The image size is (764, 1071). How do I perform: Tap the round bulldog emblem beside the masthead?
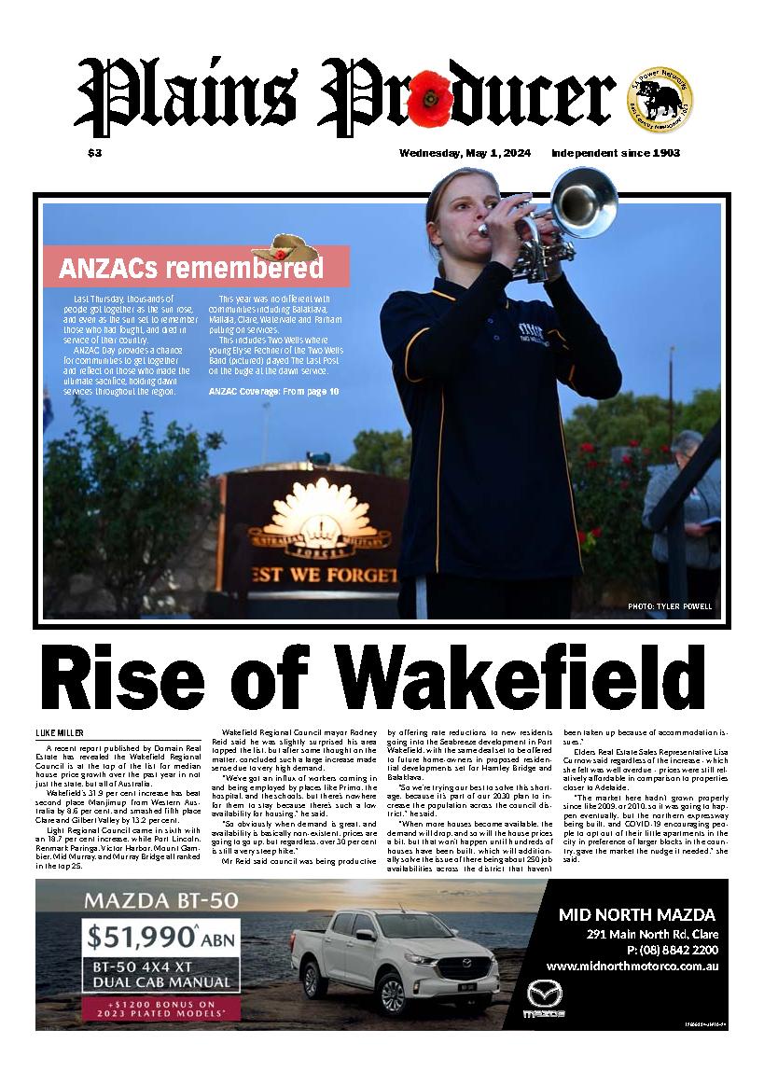click(660, 97)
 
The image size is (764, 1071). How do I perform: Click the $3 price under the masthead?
click(94, 153)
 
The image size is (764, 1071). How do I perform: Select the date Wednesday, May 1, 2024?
click(465, 153)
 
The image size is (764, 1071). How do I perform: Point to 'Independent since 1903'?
click(615, 153)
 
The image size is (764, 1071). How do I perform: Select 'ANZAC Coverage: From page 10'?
click(269, 389)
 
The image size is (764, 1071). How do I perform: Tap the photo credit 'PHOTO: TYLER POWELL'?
click(670, 606)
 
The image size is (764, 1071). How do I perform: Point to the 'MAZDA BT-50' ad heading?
click(160, 901)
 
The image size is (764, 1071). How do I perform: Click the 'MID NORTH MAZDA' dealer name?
click(636, 914)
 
